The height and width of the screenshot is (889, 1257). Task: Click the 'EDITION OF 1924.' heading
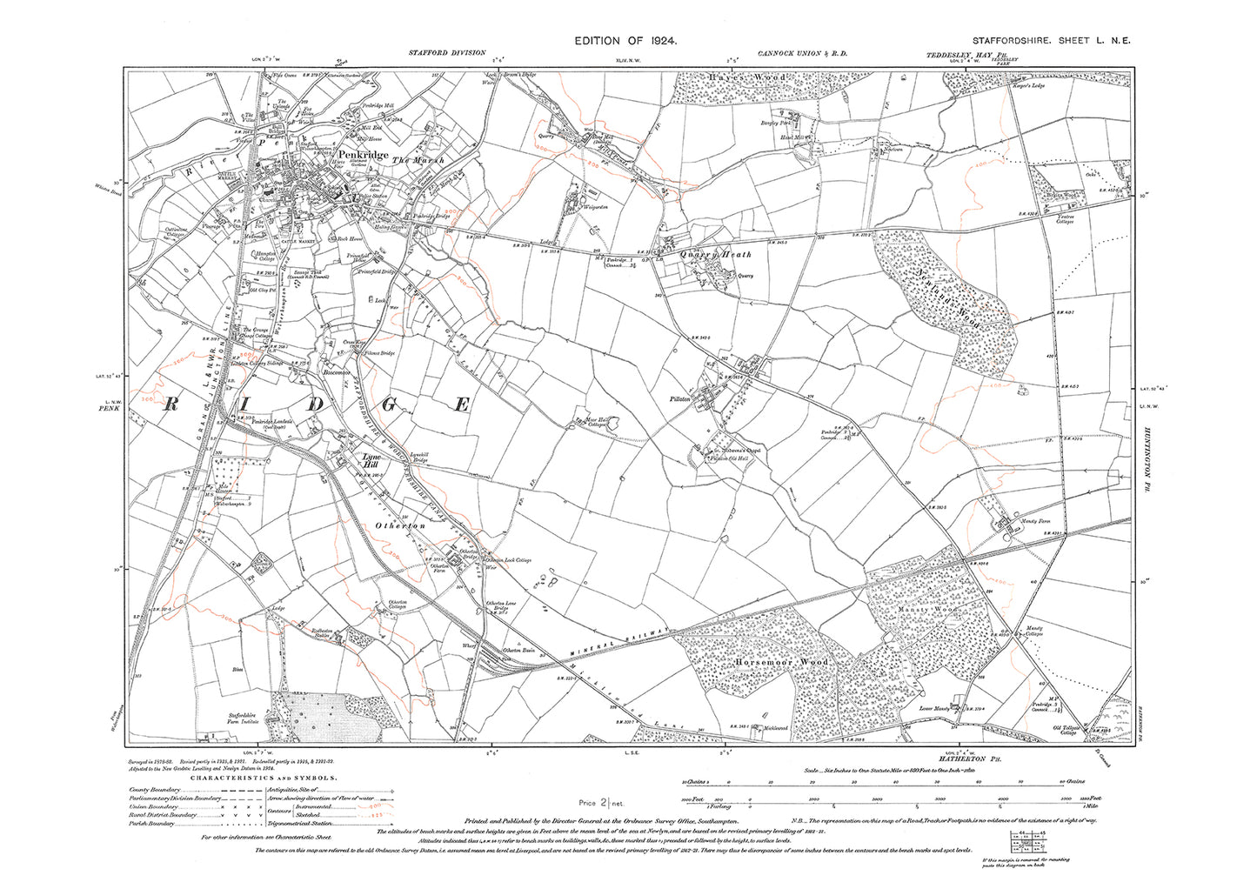click(625, 41)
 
